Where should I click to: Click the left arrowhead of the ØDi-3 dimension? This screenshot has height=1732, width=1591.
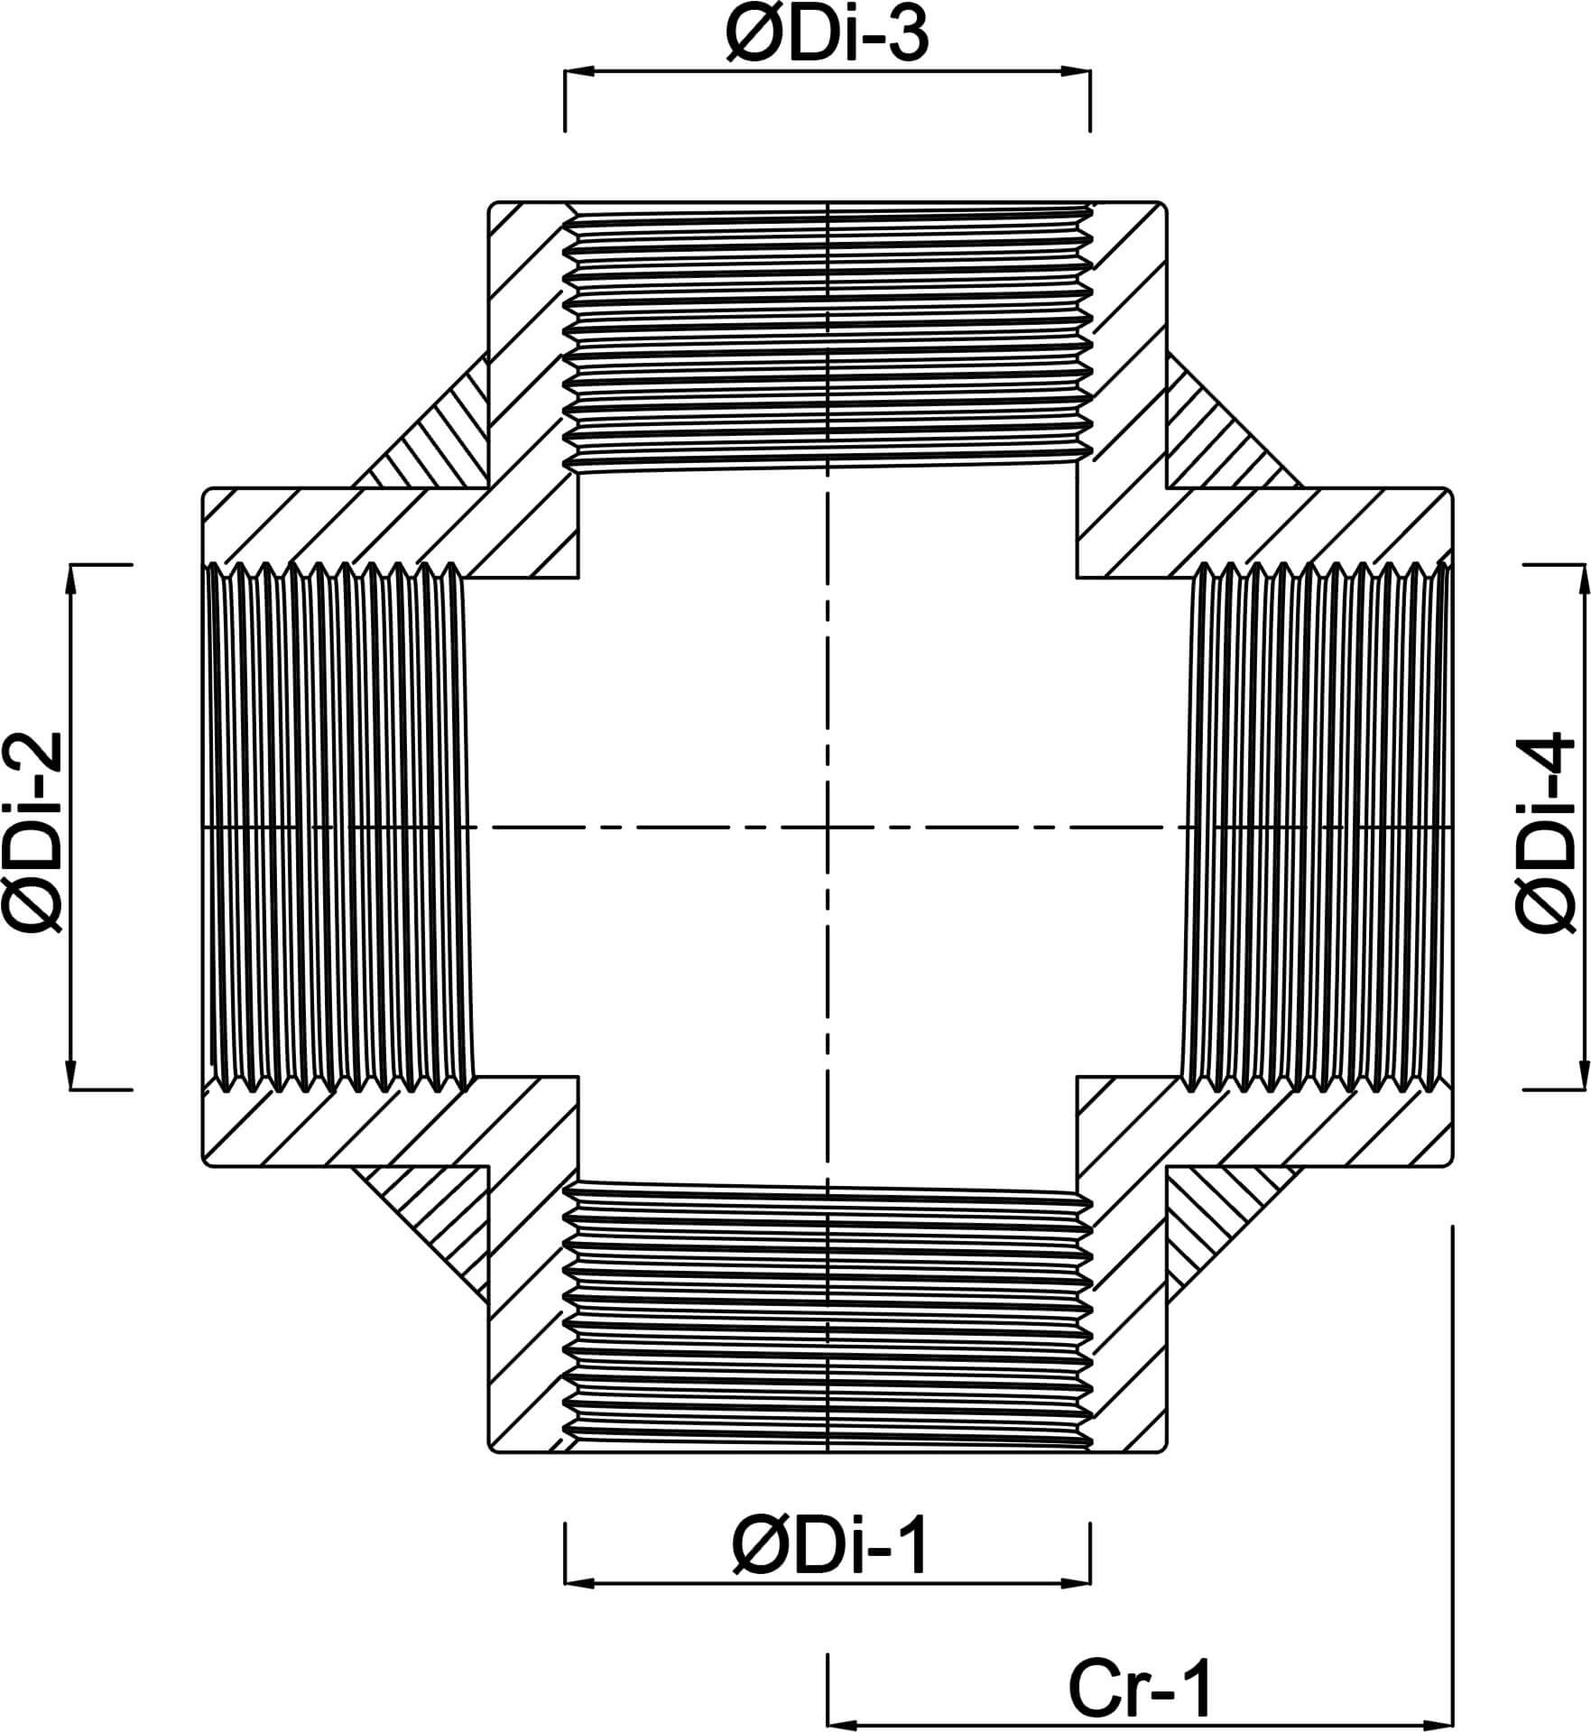(578, 70)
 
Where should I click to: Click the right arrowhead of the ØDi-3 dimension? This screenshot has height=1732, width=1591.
(1078, 70)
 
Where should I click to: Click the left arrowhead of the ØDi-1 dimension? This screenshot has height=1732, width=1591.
(578, 1582)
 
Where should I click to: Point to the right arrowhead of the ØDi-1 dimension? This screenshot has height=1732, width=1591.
(1078, 1582)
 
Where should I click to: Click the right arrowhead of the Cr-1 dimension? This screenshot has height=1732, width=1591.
(1438, 1725)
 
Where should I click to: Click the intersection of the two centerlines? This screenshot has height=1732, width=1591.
(828, 827)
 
